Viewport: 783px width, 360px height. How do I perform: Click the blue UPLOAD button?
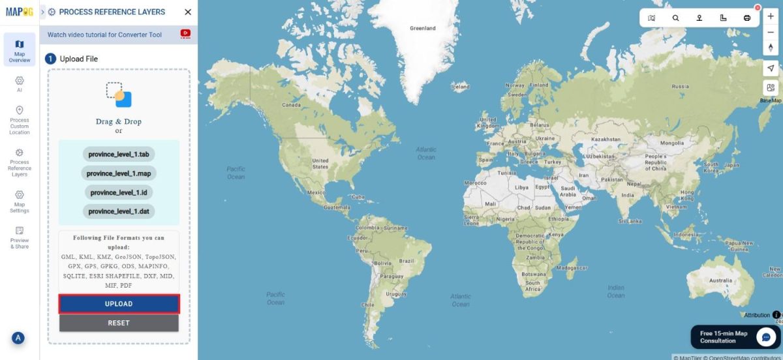click(119, 304)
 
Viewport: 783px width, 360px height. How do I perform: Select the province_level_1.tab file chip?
click(118, 155)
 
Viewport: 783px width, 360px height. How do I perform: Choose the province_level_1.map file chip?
click(118, 173)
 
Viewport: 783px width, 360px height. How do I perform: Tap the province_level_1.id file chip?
click(118, 192)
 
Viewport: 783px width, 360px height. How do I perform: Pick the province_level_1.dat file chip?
click(118, 211)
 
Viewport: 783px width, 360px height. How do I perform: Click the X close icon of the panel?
click(188, 12)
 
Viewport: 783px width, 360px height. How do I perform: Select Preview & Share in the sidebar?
click(20, 237)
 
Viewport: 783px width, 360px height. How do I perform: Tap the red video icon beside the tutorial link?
click(185, 34)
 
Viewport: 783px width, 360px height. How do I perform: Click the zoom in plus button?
click(771, 16)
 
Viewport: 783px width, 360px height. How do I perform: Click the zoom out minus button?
click(771, 32)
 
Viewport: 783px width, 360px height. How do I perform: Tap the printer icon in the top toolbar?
click(747, 18)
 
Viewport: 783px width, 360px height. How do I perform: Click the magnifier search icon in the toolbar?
click(675, 18)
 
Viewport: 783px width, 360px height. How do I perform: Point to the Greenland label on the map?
click(422, 29)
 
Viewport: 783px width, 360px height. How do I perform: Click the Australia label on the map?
click(720, 280)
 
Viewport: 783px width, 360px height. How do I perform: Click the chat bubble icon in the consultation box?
click(765, 337)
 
